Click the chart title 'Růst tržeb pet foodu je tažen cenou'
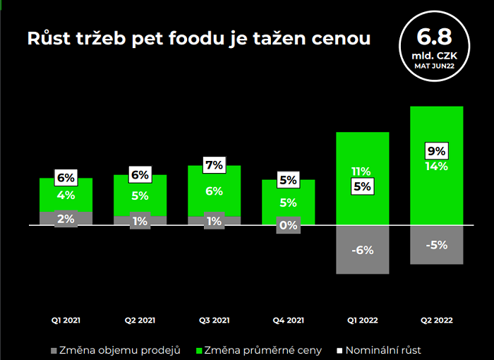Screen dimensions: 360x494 click(198, 38)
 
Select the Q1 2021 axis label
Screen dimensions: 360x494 click(66, 320)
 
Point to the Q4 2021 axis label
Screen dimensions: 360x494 click(288, 320)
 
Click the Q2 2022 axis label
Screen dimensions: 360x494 click(436, 320)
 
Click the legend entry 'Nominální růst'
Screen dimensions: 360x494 click(381, 349)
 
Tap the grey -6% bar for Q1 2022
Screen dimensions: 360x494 click(362, 250)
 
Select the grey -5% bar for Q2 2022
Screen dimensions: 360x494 click(436, 245)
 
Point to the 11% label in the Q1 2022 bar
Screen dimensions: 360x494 click(362, 172)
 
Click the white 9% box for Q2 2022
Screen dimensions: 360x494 click(436, 150)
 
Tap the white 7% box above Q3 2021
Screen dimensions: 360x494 click(214, 164)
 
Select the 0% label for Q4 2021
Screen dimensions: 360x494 click(288, 226)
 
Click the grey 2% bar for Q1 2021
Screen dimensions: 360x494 click(66, 219)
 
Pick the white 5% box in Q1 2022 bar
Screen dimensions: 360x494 click(362, 187)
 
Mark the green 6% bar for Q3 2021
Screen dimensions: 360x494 click(214, 192)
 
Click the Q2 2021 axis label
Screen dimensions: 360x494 click(140, 320)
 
